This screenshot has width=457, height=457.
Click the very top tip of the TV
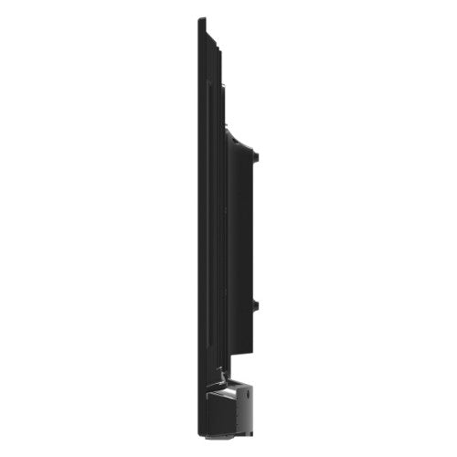tap(199, 18)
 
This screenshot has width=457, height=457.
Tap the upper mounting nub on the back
tap(257, 155)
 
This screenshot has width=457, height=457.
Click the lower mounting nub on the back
tap(257, 304)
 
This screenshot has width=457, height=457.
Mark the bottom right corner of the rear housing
tap(252, 351)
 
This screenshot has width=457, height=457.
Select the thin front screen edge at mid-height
tap(198, 228)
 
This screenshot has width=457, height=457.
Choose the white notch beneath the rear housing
tap(233, 360)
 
